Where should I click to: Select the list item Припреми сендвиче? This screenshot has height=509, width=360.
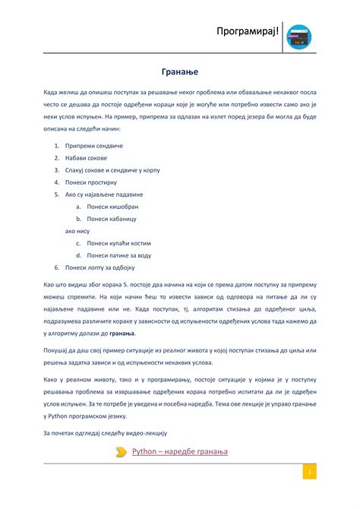tap(94, 145)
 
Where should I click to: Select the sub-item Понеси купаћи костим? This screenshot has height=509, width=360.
tap(118, 243)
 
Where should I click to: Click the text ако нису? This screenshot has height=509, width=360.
tap(77, 231)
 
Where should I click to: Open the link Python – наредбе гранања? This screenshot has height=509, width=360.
tap(179, 452)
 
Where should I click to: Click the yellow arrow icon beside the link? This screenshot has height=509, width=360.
tap(122, 452)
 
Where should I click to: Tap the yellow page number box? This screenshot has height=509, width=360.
tap(310, 473)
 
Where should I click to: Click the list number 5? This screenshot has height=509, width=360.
tap(56, 194)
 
